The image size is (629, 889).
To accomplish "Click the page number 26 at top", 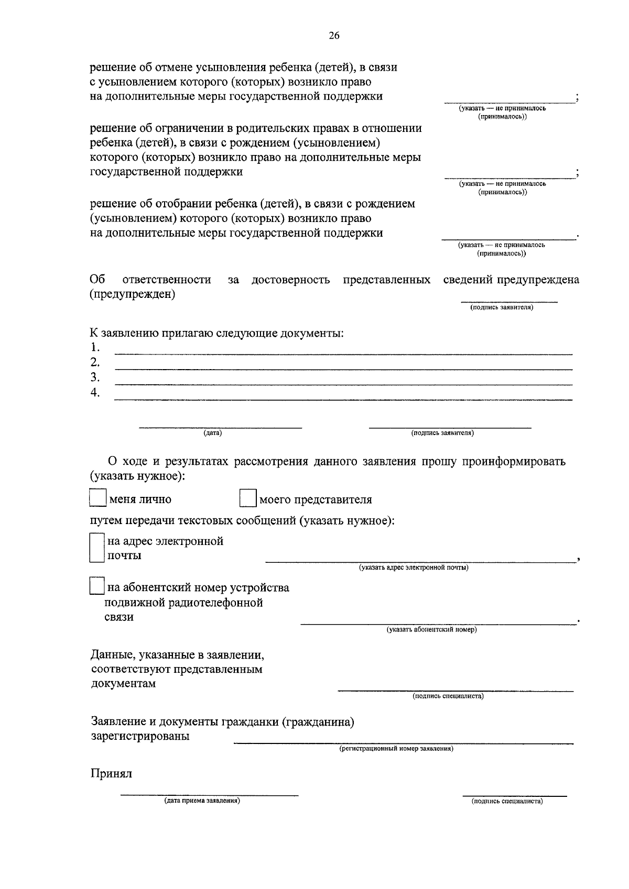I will coord(334,36).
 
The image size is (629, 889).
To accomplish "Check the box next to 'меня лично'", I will coord(97,498).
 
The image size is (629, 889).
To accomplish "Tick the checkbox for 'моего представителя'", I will coord(248,498).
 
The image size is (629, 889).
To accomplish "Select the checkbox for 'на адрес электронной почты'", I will coord(97,548).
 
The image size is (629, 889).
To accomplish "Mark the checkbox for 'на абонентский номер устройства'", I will coord(97,586).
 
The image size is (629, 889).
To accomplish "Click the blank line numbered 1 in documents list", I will coord(343,353).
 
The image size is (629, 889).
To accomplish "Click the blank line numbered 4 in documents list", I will coord(343,399).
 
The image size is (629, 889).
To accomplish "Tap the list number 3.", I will coord(95,377).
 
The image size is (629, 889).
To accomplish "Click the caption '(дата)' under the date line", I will coord(213,433).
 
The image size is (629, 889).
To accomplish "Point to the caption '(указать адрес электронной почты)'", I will coord(414,568).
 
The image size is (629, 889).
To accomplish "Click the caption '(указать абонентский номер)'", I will coord(432,629).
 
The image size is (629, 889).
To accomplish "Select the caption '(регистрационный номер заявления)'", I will coord(396,749).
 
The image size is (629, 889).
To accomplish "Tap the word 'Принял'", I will coord(111,774).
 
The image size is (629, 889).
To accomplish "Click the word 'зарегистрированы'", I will coord(140,736).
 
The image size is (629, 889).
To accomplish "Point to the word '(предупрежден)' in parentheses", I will coord(133,294).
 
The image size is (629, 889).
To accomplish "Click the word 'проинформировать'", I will coord(514,462).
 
